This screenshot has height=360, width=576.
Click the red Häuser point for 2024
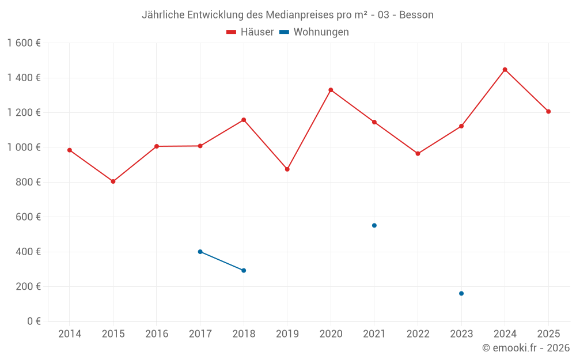point(505,70)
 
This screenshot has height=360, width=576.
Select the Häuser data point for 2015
point(113,181)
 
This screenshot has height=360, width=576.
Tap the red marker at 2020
point(331,90)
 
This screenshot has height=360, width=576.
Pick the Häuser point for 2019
point(287,169)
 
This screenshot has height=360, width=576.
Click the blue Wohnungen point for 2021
point(374,225)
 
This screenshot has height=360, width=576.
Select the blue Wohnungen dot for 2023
point(461,294)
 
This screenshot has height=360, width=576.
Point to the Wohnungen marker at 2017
point(200,252)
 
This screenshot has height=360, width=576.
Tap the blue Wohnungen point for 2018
point(244,271)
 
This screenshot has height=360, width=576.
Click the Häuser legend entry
point(250,32)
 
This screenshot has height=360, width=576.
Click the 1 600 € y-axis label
point(24,43)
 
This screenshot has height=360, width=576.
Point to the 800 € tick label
point(28,182)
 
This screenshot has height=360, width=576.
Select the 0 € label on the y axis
point(33,321)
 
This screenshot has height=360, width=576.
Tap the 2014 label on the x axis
point(70,334)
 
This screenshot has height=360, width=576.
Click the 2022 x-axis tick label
point(418,334)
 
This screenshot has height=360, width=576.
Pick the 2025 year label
point(548,334)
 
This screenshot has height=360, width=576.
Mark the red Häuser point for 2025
point(548,112)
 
